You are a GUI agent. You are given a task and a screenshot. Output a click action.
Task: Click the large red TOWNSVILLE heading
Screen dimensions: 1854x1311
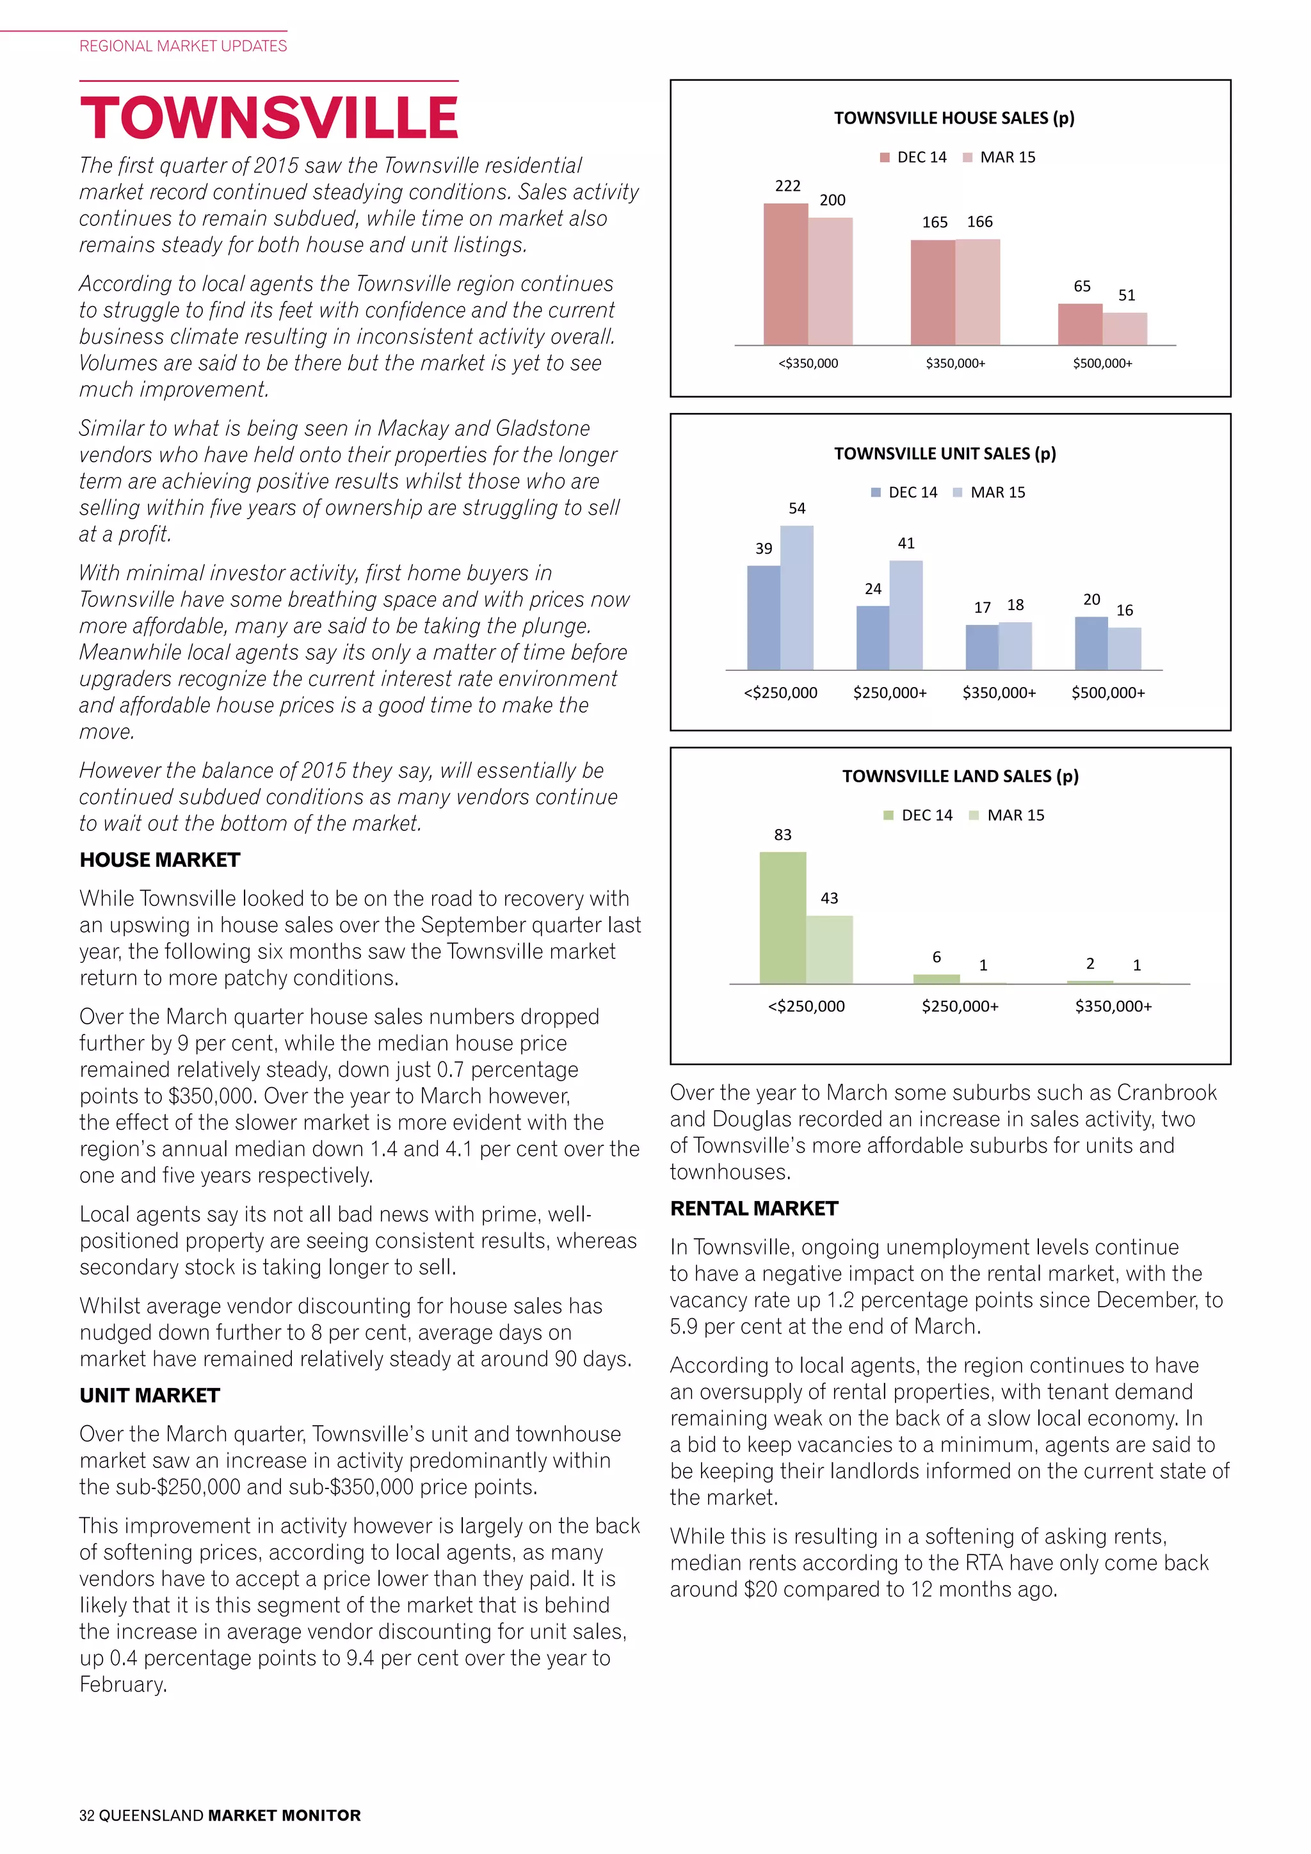[x=269, y=118]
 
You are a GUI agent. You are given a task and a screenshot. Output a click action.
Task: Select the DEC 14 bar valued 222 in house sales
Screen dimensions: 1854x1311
[x=785, y=275]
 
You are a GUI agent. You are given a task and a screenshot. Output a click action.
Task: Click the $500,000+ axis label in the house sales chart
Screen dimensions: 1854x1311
[x=1102, y=364]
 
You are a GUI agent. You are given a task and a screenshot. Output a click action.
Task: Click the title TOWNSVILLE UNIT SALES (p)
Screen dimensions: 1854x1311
[x=944, y=454]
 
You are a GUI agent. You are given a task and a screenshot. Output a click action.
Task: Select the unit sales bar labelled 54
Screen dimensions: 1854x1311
[x=797, y=597]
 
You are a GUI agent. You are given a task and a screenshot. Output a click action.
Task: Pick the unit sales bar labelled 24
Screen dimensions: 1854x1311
[x=873, y=638]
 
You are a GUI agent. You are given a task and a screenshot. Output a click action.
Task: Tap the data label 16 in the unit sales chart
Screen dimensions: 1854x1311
[x=1125, y=611]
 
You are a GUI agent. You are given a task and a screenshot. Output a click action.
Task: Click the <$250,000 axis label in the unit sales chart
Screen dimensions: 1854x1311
[x=780, y=693]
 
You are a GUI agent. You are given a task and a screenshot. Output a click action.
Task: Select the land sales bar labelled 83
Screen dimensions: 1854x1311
[x=782, y=918]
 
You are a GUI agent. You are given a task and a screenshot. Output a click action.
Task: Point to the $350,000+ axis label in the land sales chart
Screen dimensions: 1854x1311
[x=1113, y=1006]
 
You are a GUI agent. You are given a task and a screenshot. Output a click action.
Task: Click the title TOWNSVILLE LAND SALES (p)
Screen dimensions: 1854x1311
[x=960, y=776]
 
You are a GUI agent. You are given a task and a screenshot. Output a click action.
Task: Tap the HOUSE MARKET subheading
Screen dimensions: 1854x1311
[x=160, y=860]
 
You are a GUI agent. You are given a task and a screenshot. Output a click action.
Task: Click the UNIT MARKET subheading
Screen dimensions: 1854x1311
[x=149, y=1396]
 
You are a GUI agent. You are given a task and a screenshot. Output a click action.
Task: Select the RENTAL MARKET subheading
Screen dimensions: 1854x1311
[x=754, y=1209]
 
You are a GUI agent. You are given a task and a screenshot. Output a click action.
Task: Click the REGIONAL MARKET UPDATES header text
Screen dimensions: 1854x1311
[x=183, y=46]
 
